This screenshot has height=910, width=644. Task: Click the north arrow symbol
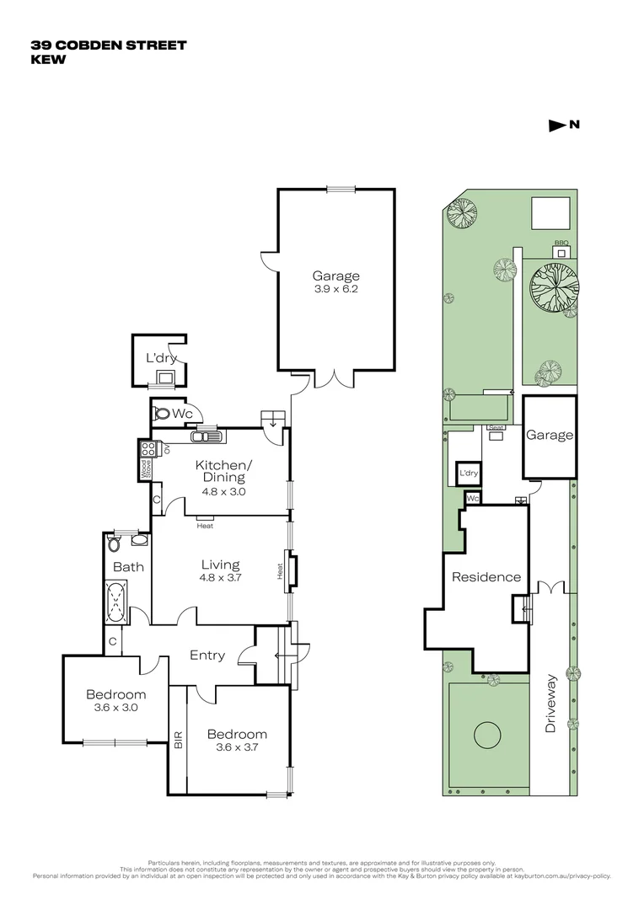point(556,126)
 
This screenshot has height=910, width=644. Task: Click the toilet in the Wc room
point(162,414)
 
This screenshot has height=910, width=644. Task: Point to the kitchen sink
point(205,436)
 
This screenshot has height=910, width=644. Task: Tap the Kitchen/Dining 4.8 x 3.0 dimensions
point(223,491)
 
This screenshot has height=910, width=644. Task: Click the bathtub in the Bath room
point(116,602)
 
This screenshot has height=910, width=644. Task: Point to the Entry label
point(207,655)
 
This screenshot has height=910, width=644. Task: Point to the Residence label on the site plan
point(486,577)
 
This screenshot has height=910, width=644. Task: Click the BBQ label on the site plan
point(561,244)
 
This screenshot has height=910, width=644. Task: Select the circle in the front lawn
point(487,736)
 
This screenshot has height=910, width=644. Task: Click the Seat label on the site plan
point(496,428)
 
